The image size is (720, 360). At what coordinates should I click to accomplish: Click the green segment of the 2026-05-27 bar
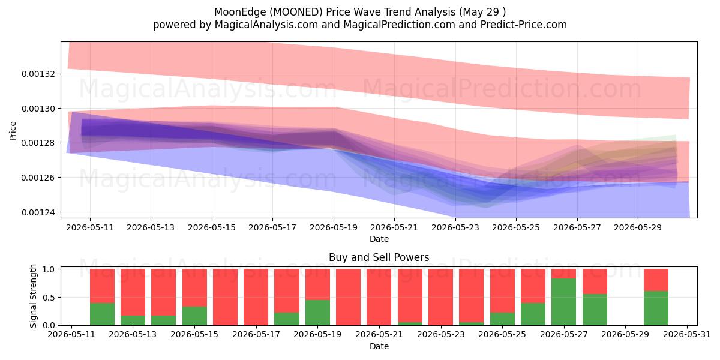pyautogui.click(x=564, y=302)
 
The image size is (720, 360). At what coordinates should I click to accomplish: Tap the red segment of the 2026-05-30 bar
pyautogui.click(x=656, y=280)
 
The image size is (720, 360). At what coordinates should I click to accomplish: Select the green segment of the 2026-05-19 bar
pyautogui.click(x=317, y=313)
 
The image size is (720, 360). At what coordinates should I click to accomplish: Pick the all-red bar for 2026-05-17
pyautogui.click(x=256, y=297)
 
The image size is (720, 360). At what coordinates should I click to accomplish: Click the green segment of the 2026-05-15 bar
pyautogui.click(x=194, y=316)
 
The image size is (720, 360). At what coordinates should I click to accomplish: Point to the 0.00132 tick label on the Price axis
pyautogui.click(x=38, y=74)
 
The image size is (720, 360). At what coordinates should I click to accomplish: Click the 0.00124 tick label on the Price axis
pyautogui.click(x=38, y=212)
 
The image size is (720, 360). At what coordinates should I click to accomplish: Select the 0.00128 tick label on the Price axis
pyautogui.click(x=38, y=143)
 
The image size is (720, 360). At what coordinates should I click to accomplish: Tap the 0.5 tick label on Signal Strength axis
pyautogui.click(x=49, y=298)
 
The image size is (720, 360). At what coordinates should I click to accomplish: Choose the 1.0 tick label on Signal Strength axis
pyautogui.click(x=49, y=269)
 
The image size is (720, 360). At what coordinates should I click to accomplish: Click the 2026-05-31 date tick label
pyautogui.click(x=687, y=335)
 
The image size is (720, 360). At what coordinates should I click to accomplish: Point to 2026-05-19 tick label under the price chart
pyautogui.click(x=334, y=227)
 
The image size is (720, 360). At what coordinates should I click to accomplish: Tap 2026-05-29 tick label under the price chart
pyautogui.click(x=638, y=227)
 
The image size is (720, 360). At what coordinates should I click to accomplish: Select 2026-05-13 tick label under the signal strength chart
pyautogui.click(x=133, y=335)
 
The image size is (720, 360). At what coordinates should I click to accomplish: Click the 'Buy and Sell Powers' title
pyautogui.click(x=379, y=257)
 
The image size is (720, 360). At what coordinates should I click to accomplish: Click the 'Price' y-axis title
pyautogui.click(x=13, y=131)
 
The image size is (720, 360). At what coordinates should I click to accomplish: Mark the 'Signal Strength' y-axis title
pyautogui.click(x=33, y=296)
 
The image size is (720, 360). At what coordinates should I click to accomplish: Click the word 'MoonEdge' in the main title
pyautogui.click(x=240, y=12)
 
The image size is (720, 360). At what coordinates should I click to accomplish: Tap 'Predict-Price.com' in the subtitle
pyautogui.click(x=524, y=25)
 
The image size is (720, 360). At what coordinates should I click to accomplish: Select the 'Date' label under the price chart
pyautogui.click(x=379, y=239)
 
